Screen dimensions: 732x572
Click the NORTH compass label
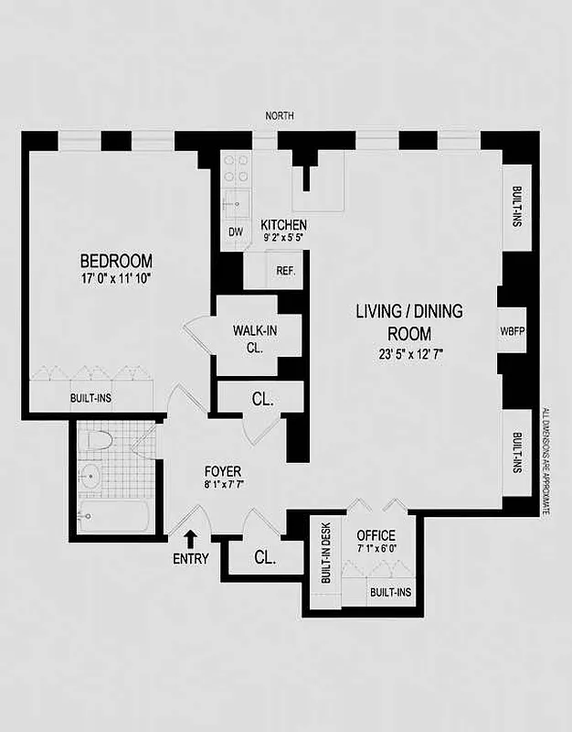279,116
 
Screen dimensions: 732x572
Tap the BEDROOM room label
115,261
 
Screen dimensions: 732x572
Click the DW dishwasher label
235,232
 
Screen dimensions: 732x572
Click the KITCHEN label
283,226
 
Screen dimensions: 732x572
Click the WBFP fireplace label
510,331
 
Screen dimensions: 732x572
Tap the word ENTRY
190,559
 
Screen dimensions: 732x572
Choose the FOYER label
223,472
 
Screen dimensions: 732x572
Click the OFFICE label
375,534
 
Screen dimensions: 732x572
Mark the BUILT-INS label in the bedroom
91,399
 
